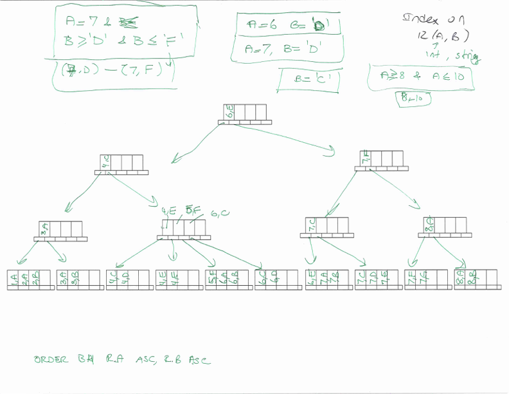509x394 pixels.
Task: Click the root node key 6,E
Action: click(229, 112)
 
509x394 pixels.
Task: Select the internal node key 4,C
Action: click(106, 162)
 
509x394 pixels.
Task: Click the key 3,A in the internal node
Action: click(44, 229)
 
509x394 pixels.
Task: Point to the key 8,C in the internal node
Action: click(429, 224)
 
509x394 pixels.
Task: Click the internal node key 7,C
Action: click(312, 225)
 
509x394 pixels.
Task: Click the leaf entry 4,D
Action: click(125, 277)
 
